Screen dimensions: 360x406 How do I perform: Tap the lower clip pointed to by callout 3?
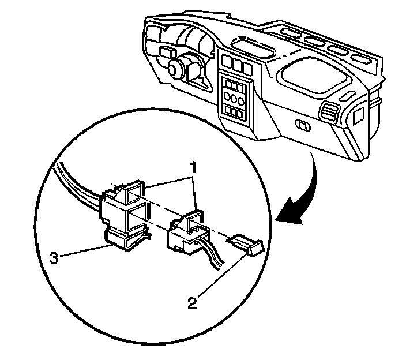(124, 239)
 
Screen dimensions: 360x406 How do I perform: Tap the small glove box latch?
(302, 124)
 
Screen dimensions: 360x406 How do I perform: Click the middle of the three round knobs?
(234, 96)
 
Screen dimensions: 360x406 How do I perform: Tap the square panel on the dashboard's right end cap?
(358, 114)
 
